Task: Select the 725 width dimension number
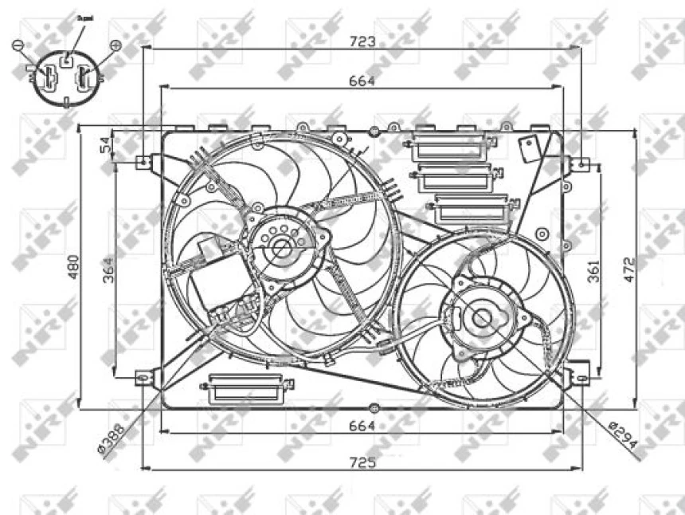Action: pos(362,461)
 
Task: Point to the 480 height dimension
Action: pos(72,268)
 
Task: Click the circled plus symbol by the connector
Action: pos(116,46)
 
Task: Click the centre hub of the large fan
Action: pos(281,248)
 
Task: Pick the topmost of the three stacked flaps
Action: pos(452,148)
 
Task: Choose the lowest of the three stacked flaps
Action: pos(471,210)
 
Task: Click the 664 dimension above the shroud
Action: pos(362,80)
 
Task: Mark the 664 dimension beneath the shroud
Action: pos(362,426)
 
